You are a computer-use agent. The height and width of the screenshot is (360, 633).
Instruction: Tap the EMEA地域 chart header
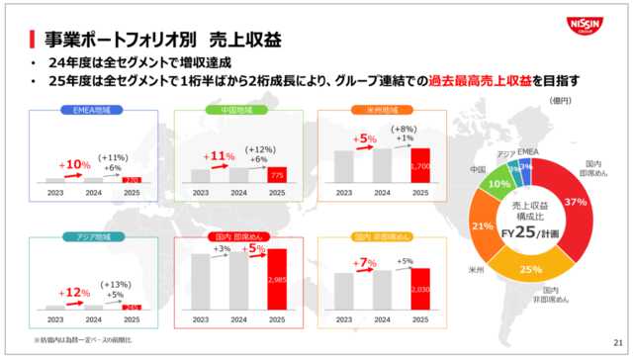(90, 110)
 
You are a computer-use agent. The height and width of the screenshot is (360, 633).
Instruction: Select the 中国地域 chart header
(236, 110)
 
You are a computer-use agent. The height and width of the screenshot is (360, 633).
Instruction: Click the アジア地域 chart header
(90, 237)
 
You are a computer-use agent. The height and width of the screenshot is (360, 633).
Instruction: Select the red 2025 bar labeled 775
(279, 175)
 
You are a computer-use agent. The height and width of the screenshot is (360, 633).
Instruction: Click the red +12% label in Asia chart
(74, 293)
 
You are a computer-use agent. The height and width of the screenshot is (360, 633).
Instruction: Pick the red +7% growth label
(365, 262)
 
